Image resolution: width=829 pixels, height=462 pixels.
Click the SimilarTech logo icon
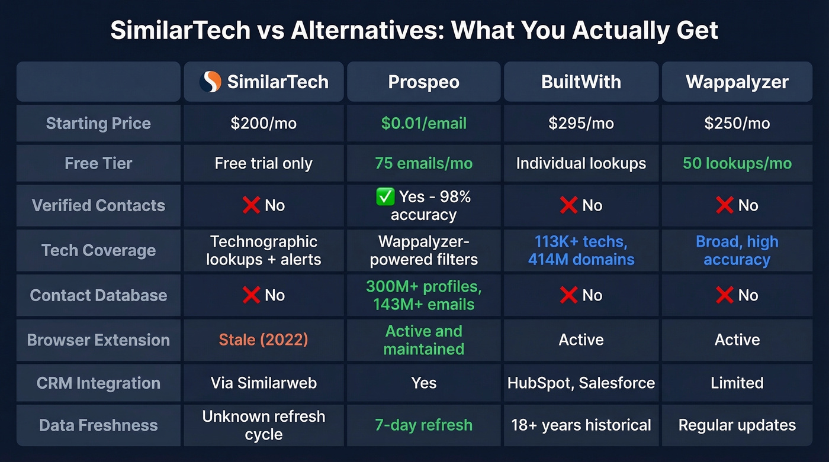[x=210, y=82]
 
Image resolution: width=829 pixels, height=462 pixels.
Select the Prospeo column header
[x=423, y=82]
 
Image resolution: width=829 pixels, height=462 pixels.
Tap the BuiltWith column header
[x=581, y=82]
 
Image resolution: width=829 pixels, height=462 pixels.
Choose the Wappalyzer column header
[x=737, y=82]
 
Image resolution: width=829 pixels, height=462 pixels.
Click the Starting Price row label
[x=98, y=123]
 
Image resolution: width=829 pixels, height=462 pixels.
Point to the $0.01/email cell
[x=423, y=123]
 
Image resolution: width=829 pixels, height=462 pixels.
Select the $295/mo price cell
[x=581, y=123]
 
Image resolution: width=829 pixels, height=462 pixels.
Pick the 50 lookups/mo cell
[x=737, y=163]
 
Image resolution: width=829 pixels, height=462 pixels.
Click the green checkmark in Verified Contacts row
[x=385, y=197]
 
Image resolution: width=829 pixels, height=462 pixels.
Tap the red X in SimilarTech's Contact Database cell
[x=251, y=295]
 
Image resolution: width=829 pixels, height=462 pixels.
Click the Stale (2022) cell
[x=264, y=340]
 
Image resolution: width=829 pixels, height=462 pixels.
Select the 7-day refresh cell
[x=423, y=425]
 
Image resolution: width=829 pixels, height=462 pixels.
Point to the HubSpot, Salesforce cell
[x=581, y=383]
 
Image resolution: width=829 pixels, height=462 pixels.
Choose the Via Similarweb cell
[x=264, y=383]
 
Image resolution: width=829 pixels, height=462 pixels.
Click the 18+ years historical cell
[x=581, y=425]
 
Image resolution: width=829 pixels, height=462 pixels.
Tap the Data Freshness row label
[x=98, y=425]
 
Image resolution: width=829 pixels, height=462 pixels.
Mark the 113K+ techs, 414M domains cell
[x=581, y=250]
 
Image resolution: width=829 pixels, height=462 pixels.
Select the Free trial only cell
[x=264, y=163]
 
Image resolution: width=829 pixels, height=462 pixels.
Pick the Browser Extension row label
[x=98, y=340]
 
